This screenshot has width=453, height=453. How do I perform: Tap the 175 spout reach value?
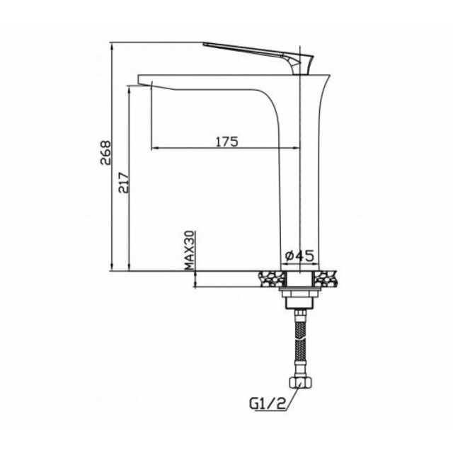pos(226,141)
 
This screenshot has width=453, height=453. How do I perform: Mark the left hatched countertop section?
pos(271,277)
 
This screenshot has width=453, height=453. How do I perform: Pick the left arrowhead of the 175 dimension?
pos(156,148)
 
